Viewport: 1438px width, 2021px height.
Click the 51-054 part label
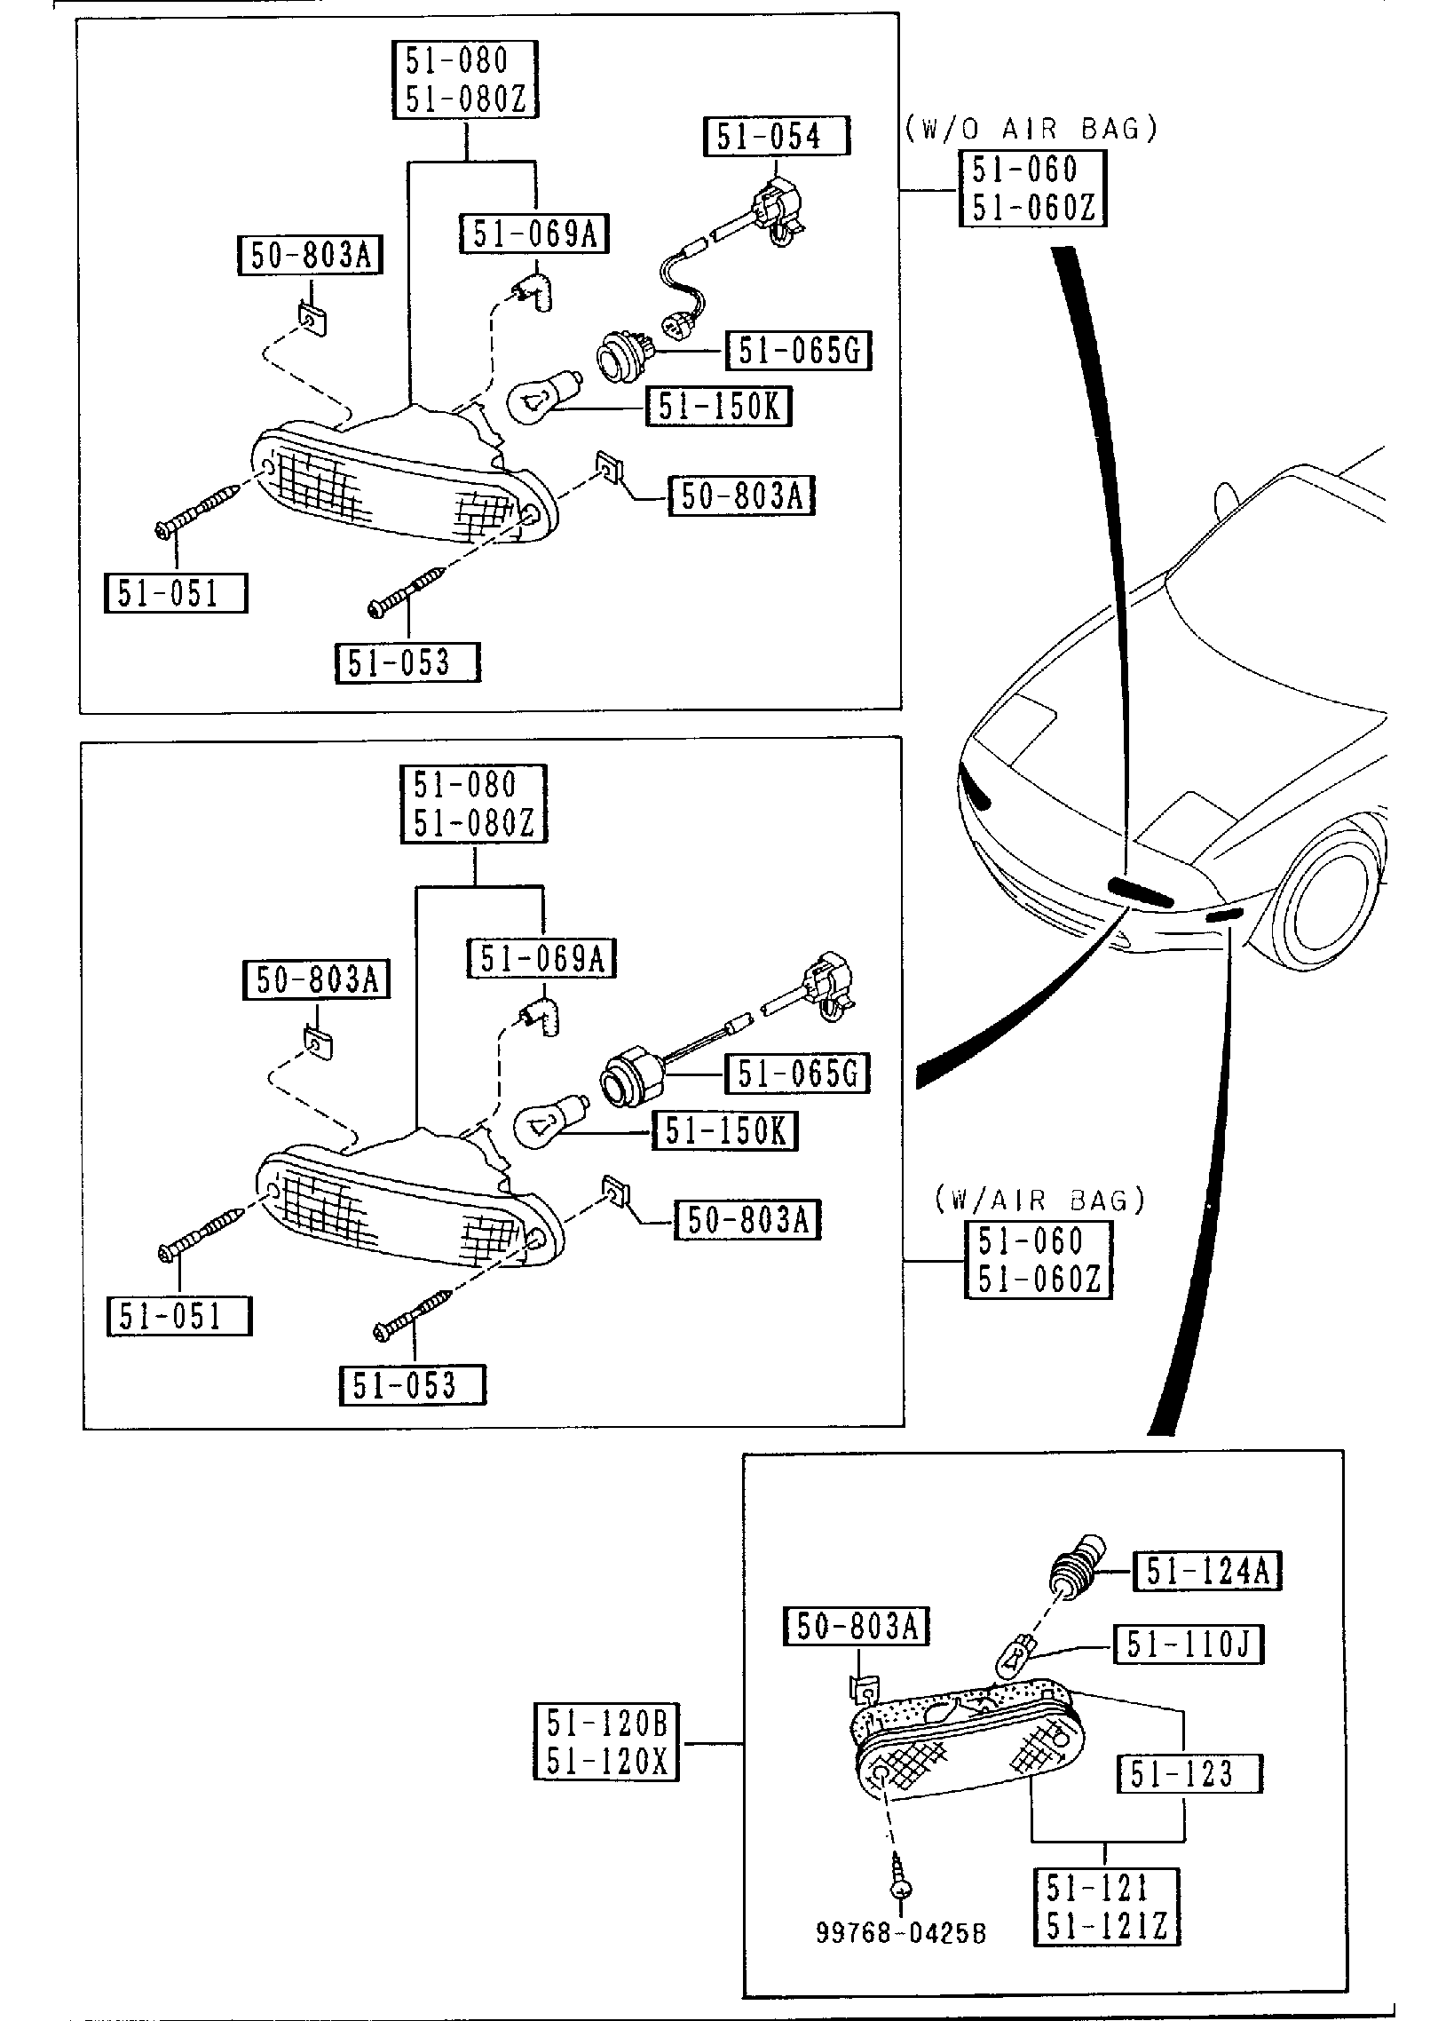[776, 137]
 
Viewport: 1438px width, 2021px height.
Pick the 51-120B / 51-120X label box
[606, 1742]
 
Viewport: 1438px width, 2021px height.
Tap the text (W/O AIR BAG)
[1031, 130]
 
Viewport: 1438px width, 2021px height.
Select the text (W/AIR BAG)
[1039, 1201]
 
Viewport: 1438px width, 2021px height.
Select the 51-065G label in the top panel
[798, 351]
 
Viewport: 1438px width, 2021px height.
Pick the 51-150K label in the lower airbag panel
[724, 1131]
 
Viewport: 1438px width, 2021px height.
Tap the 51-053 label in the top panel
[407, 662]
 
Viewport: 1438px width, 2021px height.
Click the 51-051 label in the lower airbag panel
[178, 1316]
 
